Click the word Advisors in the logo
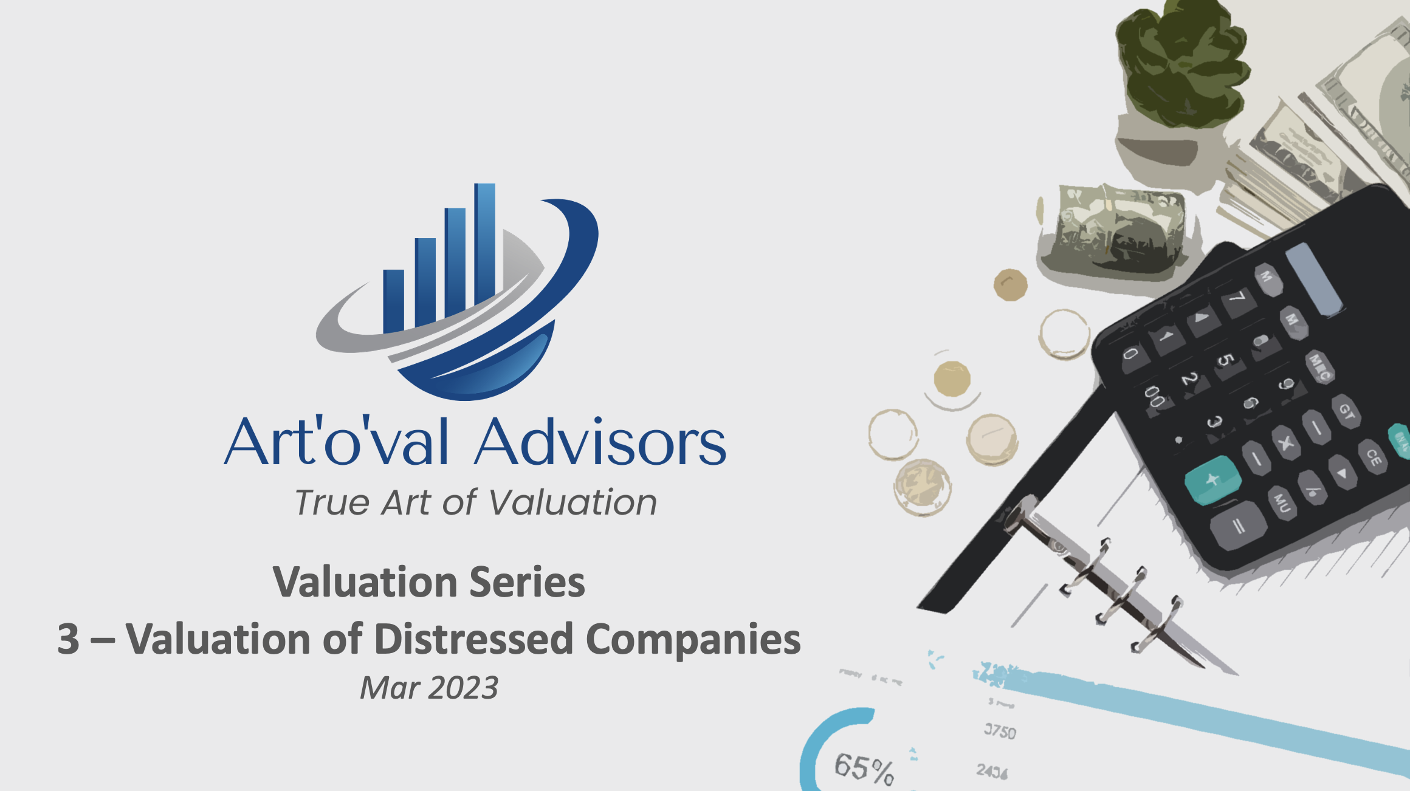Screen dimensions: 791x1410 tap(600, 442)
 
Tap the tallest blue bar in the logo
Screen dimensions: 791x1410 tap(484, 243)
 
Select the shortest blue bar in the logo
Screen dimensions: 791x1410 tap(393, 300)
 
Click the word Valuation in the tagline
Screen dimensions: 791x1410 tap(573, 502)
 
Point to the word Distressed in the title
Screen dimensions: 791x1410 tap(473, 639)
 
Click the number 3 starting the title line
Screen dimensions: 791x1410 tap(68, 639)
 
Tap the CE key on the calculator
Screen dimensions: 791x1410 tap(1374, 456)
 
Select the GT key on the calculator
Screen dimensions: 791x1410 tap(1347, 412)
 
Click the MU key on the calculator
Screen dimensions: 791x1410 tap(1282, 502)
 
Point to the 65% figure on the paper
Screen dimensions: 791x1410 tap(864, 768)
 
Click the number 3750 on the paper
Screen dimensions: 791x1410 tap(1000, 731)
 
